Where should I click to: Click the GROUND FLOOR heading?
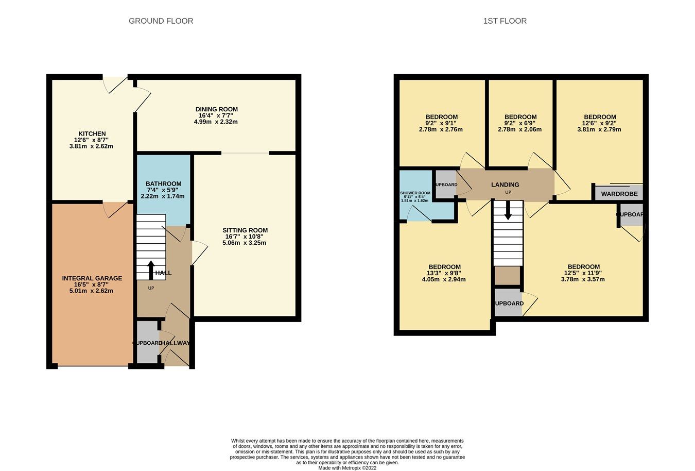click(x=161, y=21)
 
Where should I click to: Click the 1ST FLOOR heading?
click(x=505, y=21)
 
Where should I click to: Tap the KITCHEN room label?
click(x=92, y=134)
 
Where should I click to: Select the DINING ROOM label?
click(x=216, y=109)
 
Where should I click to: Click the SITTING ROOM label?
click(x=245, y=230)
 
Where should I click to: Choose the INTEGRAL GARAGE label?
click(x=92, y=278)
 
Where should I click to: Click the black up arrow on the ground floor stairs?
click(x=151, y=270)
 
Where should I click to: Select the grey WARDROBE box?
click(x=619, y=194)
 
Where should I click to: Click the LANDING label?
click(x=505, y=184)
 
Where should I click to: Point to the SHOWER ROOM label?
click(x=415, y=193)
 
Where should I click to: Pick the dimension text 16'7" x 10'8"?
click(x=245, y=237)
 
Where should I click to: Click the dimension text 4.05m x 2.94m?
click(x=444, y=280)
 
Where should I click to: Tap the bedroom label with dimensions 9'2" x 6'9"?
click(x=520, y=117)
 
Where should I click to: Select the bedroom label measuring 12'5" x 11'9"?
click(x=583, y=267)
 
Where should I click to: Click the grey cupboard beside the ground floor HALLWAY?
click(x=147, y=343)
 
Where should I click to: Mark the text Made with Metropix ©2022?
click(x=347, y=468)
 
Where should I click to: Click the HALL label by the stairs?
click(x=163, y=273)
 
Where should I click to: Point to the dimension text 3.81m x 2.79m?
click(x=599, y=129)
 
